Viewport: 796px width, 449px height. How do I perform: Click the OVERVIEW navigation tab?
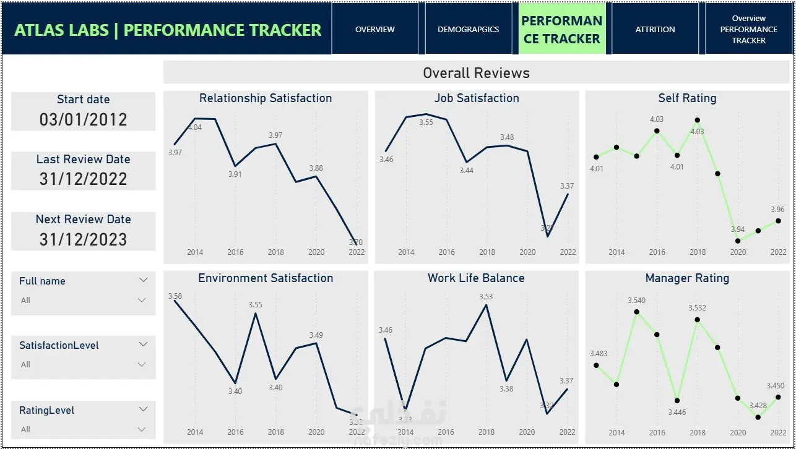click(x=375, y=29)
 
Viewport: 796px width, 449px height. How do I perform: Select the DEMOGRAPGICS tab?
click(x=468, y=29)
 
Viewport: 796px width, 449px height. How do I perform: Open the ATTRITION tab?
click(x=655, y=29)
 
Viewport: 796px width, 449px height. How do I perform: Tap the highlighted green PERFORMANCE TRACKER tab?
click(x=561, y=29)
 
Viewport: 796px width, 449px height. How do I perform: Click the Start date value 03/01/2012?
click(x=83, y=119)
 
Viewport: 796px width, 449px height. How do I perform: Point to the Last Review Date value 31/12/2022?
click(x=83, y=179)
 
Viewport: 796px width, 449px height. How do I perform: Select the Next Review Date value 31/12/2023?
click(x=83, y=239)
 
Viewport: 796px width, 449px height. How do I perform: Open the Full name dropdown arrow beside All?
click(x=142, y=301)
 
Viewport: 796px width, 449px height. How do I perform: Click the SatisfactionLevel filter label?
click(x=59, y=345)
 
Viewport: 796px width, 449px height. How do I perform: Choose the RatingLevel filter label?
click(x=46, y=410)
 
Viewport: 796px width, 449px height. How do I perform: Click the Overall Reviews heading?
click(x=476, y=73)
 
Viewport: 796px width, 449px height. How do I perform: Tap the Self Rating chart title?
click(x=687, y=98)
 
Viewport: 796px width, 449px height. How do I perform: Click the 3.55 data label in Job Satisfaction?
click(x=426, y=122)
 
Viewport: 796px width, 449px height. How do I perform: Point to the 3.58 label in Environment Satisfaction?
click(x=175, y=296)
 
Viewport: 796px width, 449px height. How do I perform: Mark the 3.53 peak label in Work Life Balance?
click(x=486, y=297)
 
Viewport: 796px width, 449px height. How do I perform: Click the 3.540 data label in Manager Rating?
click(x=636, y=301)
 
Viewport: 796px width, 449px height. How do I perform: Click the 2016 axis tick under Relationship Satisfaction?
click(x=235, y=252)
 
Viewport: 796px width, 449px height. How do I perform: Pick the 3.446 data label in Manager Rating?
click(x=677, y=413)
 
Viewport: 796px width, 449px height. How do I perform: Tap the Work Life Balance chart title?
click(x=476, y=278)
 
